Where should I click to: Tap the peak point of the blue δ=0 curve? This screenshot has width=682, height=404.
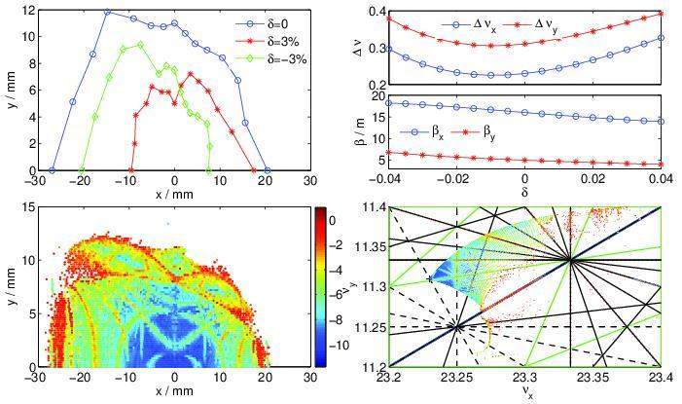point(107,12)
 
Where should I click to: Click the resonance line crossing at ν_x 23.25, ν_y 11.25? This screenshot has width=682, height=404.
point(456,328)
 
